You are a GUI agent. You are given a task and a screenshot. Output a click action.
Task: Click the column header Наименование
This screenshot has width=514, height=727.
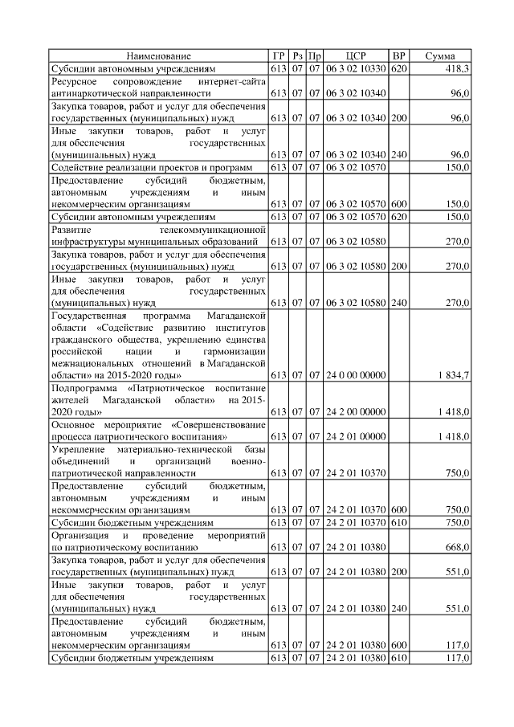click(x=158, y=56)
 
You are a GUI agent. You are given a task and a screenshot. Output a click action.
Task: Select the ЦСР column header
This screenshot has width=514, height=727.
click(x=356, y=56)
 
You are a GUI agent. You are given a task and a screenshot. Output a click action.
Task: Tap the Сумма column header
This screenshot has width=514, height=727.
click(x=439, y=56)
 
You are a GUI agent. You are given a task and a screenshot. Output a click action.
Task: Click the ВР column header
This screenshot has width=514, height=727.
click(x=398, y=56)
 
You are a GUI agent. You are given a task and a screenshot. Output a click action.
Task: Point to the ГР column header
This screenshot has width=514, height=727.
click(x=279, y=56)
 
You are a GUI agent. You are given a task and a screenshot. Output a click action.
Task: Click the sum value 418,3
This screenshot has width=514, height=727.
click(x=456, y=70)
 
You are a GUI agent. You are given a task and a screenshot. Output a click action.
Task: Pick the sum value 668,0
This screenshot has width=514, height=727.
click(x=456, y=547)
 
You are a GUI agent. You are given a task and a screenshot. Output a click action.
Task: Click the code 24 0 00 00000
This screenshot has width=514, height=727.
click(x=356, y=375)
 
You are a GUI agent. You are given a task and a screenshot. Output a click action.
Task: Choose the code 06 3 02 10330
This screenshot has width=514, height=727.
click(x=356, y=70)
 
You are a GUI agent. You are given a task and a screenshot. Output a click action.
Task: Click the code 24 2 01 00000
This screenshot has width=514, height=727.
click(x=356, y=436)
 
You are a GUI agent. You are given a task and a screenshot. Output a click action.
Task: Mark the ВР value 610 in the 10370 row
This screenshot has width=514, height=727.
click(x=398, y=522)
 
